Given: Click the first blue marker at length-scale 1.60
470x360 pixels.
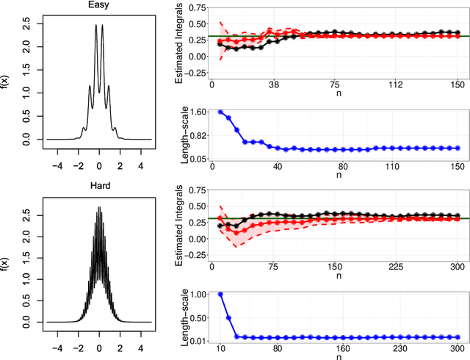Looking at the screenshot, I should coord(220,112).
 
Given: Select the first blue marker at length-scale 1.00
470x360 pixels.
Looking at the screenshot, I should coord(220,294).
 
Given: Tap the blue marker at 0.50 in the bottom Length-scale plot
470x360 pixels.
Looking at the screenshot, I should coord(228,318).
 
